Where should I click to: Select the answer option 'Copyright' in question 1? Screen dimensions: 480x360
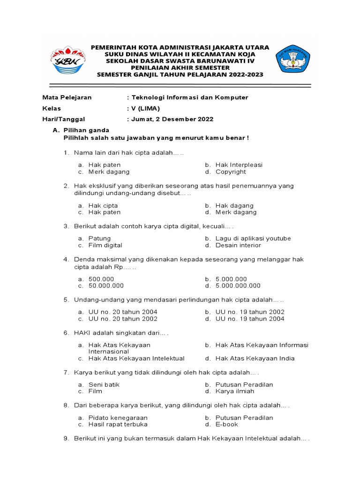(231, 172)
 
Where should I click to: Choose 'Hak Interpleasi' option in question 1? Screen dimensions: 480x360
(239, 165)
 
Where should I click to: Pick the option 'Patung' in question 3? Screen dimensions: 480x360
(99, 238)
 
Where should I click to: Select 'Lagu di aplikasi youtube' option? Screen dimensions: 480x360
(253, 238)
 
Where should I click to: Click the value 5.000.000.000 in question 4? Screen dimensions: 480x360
(238, 285)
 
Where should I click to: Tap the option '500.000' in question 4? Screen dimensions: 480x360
(101, 279)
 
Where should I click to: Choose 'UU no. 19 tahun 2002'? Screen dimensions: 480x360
(250, 312)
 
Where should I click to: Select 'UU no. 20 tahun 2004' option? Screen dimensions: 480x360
(123, 312)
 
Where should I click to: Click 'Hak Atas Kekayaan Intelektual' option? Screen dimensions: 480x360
(136, 358)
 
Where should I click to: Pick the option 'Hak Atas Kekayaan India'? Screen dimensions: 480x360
(255, 358)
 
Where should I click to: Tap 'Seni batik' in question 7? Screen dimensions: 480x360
(104, 384)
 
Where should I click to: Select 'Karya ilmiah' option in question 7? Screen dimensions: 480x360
(235, 391)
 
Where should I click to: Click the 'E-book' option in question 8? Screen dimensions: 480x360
(226, 424)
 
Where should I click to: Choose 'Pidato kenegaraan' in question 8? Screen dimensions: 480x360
(118, 418)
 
